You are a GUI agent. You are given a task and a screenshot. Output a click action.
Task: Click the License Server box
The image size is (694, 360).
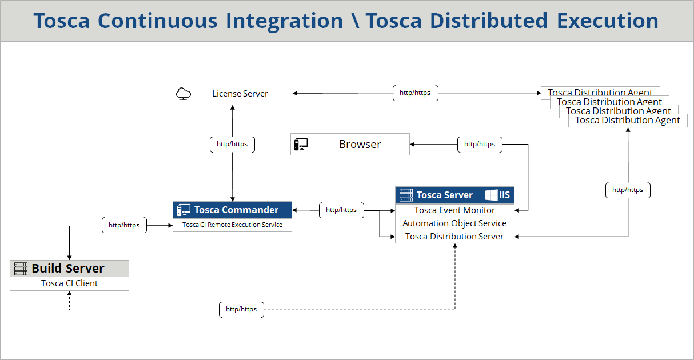[240, 94]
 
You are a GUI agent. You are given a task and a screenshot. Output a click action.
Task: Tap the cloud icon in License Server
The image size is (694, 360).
[184, 94]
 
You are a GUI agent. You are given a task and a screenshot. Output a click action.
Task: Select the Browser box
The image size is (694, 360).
[360, 145]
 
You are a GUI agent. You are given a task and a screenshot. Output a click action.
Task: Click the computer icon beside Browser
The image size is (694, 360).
[301, 145]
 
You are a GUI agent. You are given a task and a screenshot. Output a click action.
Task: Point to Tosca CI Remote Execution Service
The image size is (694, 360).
[232, 225]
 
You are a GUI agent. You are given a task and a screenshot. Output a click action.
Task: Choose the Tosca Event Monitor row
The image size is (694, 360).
[454, 210]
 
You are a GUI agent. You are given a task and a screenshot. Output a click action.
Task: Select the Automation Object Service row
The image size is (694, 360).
[454, 223]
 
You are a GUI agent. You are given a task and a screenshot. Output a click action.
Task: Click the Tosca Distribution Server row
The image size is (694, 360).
[454, 237]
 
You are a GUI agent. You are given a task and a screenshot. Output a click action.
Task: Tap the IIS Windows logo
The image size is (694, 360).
[491, 195]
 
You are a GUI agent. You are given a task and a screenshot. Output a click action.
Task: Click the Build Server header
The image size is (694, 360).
[68, 269]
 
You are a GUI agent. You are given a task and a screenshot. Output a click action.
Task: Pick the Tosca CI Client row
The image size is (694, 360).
[69, 283]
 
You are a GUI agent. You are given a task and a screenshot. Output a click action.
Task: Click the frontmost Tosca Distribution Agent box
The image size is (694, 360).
[627, 121]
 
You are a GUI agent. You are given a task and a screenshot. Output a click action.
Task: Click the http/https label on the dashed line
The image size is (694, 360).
[241, 310]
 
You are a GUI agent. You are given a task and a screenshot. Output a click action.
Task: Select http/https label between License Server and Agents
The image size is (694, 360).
[415, 93]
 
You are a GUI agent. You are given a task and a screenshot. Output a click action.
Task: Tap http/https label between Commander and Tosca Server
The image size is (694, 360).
[341, 210]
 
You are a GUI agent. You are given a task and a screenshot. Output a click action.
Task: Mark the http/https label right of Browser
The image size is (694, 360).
[480, 145]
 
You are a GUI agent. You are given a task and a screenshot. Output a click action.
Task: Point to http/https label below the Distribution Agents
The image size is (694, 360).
[628, 190]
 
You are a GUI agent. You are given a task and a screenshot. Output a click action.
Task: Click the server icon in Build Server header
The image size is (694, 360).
[21, 269]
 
